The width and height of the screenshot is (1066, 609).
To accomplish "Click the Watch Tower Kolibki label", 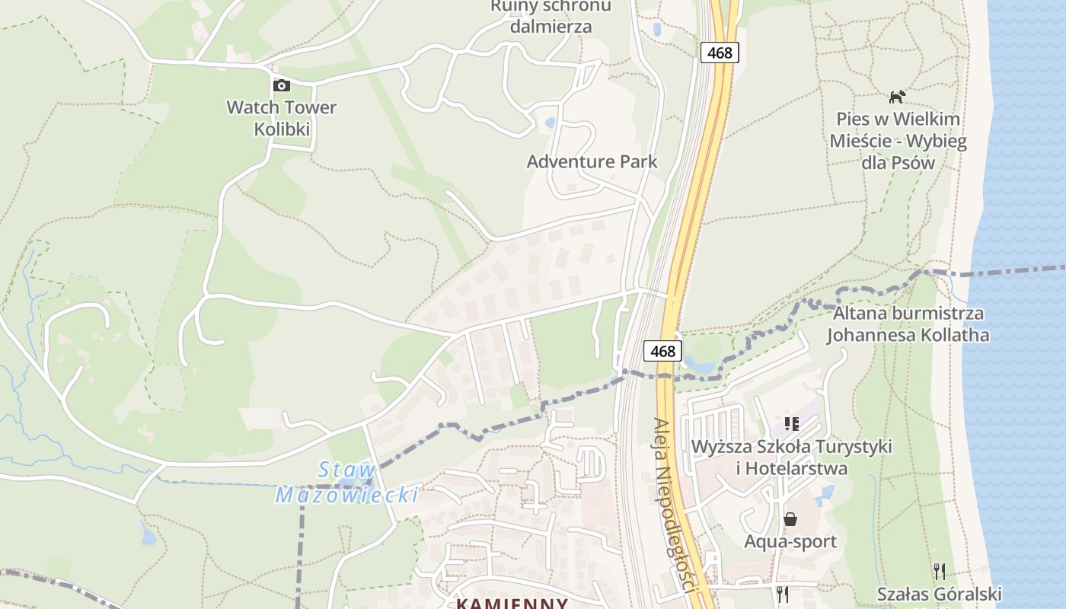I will tap(282, 117).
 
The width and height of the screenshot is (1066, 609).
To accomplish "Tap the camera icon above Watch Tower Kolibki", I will tap(282, 85).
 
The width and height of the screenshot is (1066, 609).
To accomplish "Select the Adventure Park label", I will tap(592, 161).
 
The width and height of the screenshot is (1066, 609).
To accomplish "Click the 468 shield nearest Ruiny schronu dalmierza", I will tap(720, 52).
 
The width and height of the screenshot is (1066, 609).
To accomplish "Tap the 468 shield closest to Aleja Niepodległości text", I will tap(663, 351).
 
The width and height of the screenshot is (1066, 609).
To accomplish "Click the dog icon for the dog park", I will tap(898, 97).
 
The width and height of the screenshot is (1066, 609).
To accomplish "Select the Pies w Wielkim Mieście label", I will tap(898, 141).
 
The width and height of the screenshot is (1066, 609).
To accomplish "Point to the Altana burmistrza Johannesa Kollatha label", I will tap(908, 324).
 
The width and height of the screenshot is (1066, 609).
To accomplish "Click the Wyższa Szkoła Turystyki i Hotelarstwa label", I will tap(792, 457).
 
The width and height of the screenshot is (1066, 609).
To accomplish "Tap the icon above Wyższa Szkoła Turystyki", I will tap(791, 422).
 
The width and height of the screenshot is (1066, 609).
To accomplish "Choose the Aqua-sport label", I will tap(790, 541).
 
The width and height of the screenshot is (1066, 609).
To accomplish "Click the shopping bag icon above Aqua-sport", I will tap(790, 519).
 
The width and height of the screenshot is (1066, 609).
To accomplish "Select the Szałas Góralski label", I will tap(939, 594).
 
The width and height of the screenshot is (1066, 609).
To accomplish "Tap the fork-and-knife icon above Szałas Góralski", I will tap(940, 571).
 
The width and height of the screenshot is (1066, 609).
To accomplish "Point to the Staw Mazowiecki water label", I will tap(347, 483).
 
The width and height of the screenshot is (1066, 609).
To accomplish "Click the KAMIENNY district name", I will tap(512, 604).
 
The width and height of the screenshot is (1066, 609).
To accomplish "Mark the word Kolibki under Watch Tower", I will tap(282, 129).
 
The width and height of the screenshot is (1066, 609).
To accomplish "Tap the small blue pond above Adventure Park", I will tap(550, 122).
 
